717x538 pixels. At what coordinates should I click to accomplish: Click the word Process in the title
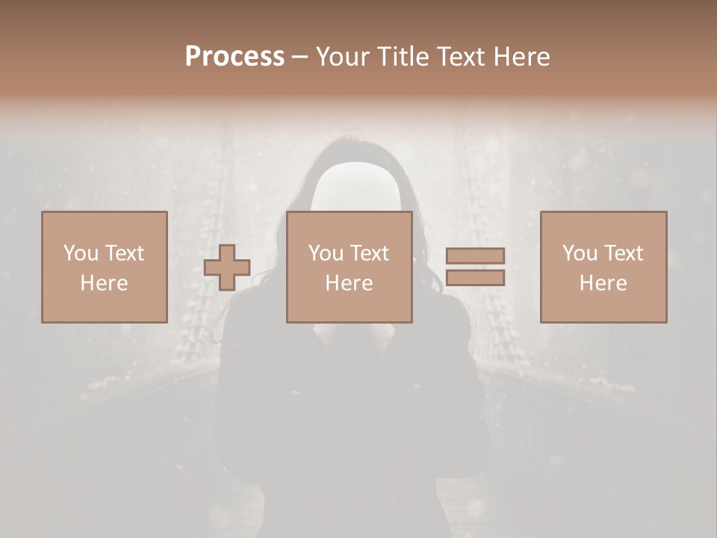click(x=235, y=57)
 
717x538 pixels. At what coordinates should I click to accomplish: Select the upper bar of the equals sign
click(x=475, y=256)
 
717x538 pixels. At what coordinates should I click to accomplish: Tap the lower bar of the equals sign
click(x=475, y=278)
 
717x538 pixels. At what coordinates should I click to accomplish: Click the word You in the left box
click(x=81, y=253)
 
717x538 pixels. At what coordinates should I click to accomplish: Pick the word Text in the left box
click(x=124, y=253)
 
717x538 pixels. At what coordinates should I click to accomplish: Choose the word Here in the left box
click(x=104, y=283)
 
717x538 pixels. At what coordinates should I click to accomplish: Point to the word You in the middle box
click(x=326, y=253)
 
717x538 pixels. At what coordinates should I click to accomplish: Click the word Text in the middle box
click(x=369, y=253)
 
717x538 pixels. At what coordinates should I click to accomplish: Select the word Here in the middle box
click(x=349, y=283)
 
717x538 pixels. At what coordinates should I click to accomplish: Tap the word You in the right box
click(x=580, y=253)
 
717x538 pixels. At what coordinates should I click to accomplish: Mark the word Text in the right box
click(x=623, y=253)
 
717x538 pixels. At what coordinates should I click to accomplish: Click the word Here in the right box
click(x=603, y=283)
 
